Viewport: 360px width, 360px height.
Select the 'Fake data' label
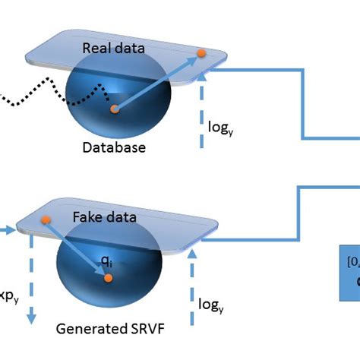tap(105, 217)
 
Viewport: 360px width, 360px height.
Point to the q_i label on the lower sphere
tap(108, 261)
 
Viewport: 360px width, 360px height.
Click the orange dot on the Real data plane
tap(201, 53)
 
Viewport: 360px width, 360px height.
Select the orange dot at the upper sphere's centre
tap(115, 110)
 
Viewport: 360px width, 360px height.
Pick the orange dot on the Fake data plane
tap(46, 220)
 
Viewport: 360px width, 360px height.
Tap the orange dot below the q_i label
tap(109, 278)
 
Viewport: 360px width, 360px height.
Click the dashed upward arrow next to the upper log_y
tap(202, 114)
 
